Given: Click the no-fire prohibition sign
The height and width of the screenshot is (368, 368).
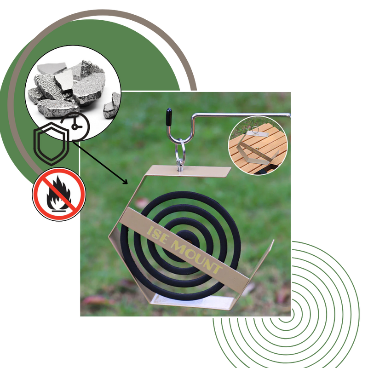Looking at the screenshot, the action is click(59, 194).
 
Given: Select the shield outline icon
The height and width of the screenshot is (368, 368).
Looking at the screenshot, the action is click(52, 144).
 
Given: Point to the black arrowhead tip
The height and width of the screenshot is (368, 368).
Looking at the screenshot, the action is click(128, 184).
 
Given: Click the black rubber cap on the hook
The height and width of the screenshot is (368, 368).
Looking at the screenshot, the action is click(169, 117).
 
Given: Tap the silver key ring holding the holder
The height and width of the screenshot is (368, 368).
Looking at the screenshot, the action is click(181, 150).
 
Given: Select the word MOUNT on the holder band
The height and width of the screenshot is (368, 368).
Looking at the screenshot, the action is click(196, 257).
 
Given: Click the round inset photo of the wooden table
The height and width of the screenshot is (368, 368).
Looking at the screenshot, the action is click(258, 145).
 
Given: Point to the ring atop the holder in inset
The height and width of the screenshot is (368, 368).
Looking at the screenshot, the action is click(255, 130).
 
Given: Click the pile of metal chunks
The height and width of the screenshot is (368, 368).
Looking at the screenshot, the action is click(74, 89).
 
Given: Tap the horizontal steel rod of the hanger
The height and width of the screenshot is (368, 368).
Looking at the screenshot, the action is click(242, 115).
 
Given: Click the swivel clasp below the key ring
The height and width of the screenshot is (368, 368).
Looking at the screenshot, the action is click(180, 166).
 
